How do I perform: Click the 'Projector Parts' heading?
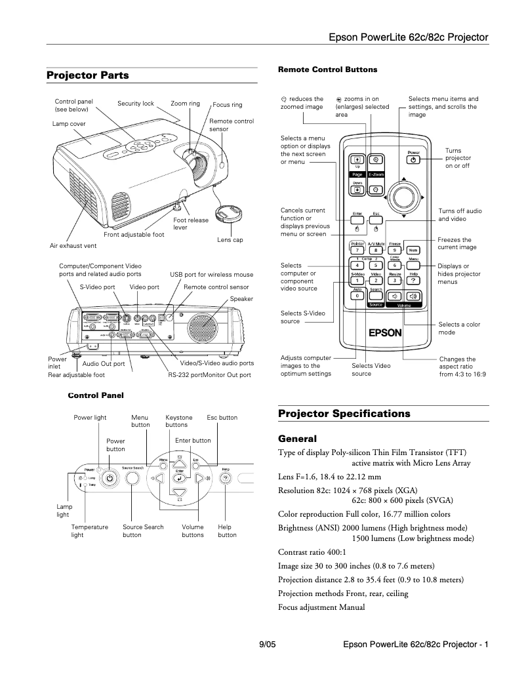point(88,75)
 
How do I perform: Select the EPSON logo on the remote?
point(384,332)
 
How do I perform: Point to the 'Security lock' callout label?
point(136,104)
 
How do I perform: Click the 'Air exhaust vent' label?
point(73,245)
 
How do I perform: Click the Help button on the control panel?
point(226,479)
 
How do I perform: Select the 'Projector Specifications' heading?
point(344,414)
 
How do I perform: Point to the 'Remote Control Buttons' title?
point(327,69)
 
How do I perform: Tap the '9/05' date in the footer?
point(267,645)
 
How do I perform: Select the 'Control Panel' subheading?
point(96,395)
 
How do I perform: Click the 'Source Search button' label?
point(143,530)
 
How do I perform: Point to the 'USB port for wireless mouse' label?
point(211,274)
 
